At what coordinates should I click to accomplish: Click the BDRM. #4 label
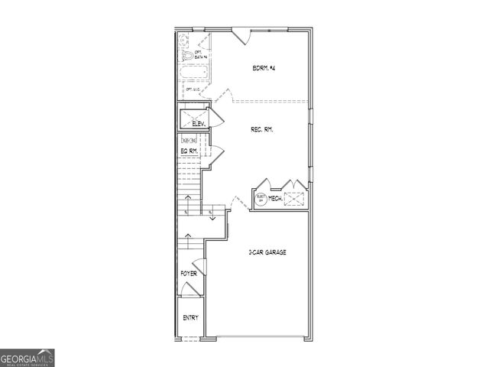[x=263, y=69]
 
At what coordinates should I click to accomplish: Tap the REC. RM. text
[x=262, y=130]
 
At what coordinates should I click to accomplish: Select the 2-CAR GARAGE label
[x=267, y=252]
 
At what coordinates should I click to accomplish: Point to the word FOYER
[x=188, y=273]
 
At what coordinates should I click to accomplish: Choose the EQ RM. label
[x=189, y=151]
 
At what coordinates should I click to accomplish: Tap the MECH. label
[x=275, y=199]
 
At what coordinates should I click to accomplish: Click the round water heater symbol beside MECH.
[x=261, y=198]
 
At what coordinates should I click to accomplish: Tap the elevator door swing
[x=215, y=118]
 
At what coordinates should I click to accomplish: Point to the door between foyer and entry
[x=189, y=289]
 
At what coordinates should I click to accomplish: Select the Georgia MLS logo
[x=28, y=358]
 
